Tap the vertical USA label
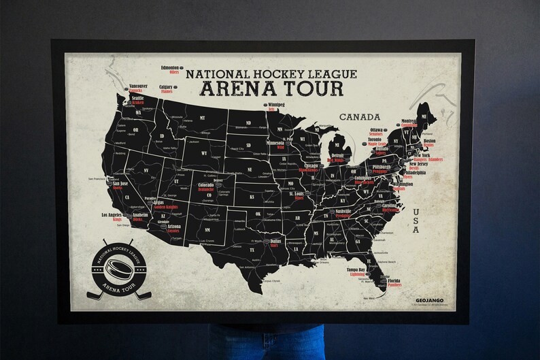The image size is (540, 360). tap(416, 222)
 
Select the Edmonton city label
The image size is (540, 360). tap(170, 68)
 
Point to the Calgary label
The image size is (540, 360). tap(166, 87)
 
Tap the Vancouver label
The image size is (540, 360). tap(138, 86)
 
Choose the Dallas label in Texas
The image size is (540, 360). tap(275, 241)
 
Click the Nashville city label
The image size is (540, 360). tap(343, 211)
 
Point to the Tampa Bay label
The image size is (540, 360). tap(356, 269)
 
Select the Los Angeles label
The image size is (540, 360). tap(112, 215)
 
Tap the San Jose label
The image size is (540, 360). tap(120, 183)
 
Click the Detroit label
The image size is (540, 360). tap(337, 156)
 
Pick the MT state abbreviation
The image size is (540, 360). tap(202, 118)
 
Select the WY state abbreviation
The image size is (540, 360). tap(203, 153)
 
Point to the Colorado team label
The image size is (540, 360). tap(205, 184)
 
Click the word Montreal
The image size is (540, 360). tap(409, 120)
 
